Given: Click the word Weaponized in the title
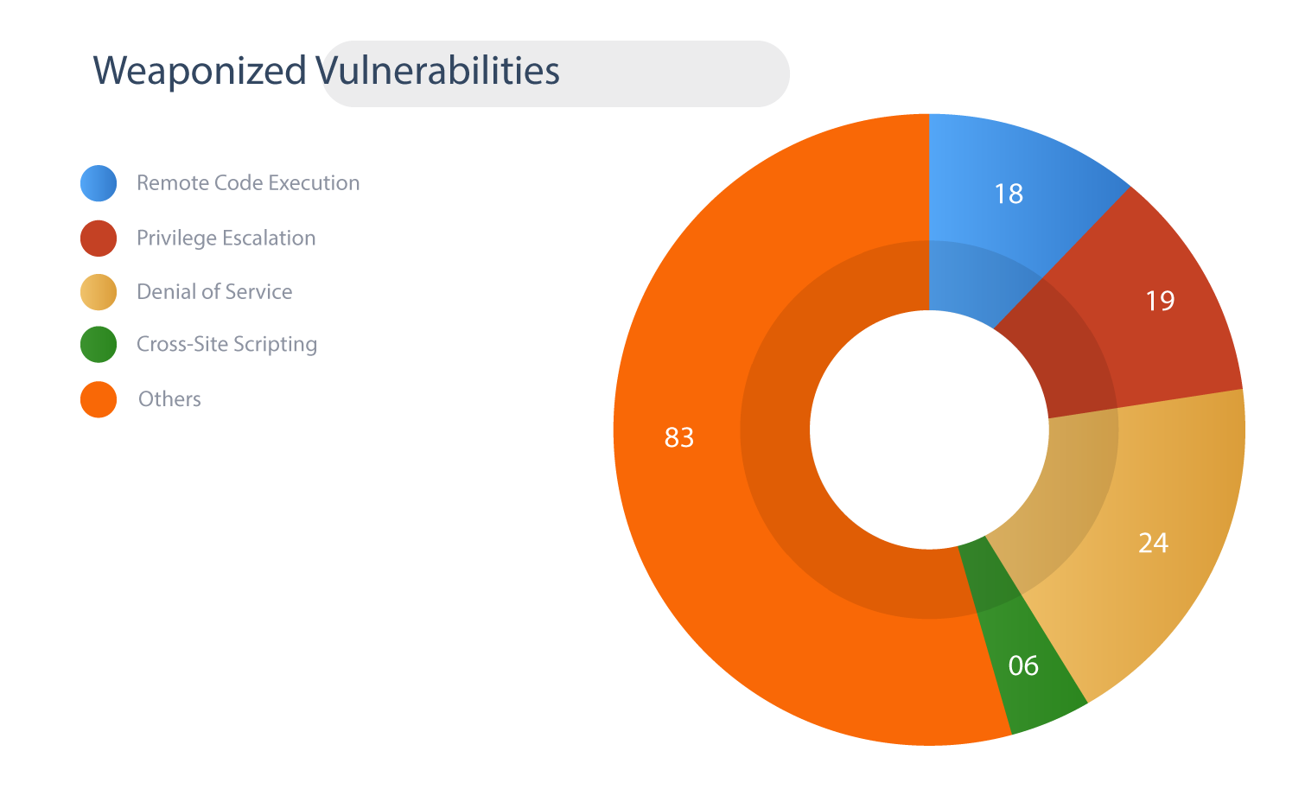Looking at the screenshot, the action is tap(200, 71).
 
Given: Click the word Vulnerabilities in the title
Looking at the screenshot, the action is tap(437, 71).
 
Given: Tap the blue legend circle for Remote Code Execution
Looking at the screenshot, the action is tap(99, 183).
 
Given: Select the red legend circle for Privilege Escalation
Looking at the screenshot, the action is tap(99, 239).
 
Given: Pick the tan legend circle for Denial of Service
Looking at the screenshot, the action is tap(99, 292).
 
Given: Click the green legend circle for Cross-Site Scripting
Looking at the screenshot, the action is tap(99, 344).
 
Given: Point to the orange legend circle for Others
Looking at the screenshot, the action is tap(99, 399).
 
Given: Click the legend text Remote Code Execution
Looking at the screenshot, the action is tap(248, 183).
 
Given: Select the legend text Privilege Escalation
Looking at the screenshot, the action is tap(226, 239).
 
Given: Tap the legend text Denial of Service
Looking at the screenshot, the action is tap(214, 292).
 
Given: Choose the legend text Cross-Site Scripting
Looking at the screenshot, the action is tap(227, 344).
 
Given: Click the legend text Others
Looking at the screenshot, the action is tap(169, 399).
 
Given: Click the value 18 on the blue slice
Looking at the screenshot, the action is tap(1009, 194).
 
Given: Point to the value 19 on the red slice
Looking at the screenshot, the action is tap(1160, 301).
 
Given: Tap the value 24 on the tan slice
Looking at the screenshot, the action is tap(1153, 543).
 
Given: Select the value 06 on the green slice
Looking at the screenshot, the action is tap(1023, 665).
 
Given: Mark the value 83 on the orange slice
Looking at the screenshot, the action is tap(678, 436).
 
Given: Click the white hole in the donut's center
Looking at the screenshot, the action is tap(929, 430).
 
